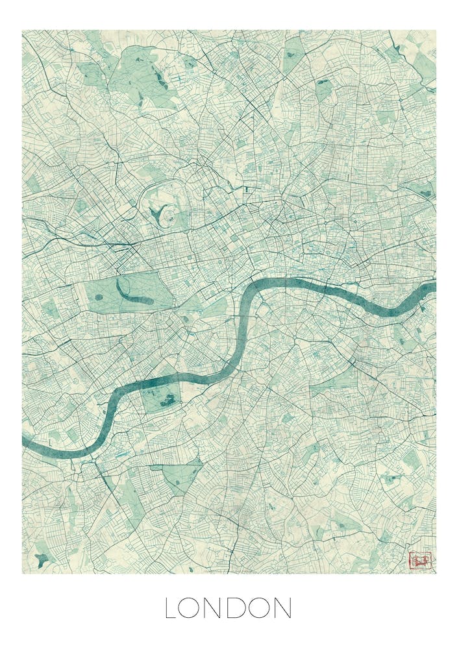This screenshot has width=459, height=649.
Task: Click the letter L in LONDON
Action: point(170,608)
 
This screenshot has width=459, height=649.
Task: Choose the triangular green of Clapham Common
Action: point(182,477)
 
